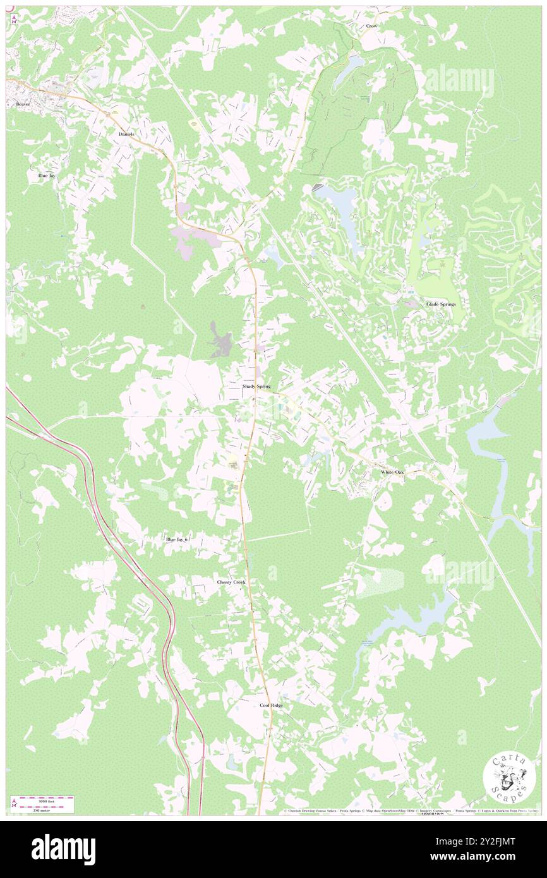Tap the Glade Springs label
pyautogui.click(x=440, y=304)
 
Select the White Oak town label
pyautogui.click(x=392, y=472)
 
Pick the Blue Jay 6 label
pyautogui.click(x=177, y=539)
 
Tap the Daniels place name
pyautogui.click(x=126, y=135)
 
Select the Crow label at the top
pyautogui.click(x=371, y=26)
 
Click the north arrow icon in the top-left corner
pyautogui.click(x=14, y=20)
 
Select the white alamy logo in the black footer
pyautogui.click(x=63, y=849)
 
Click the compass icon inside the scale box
pyautogui.click(x=15, y=803)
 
